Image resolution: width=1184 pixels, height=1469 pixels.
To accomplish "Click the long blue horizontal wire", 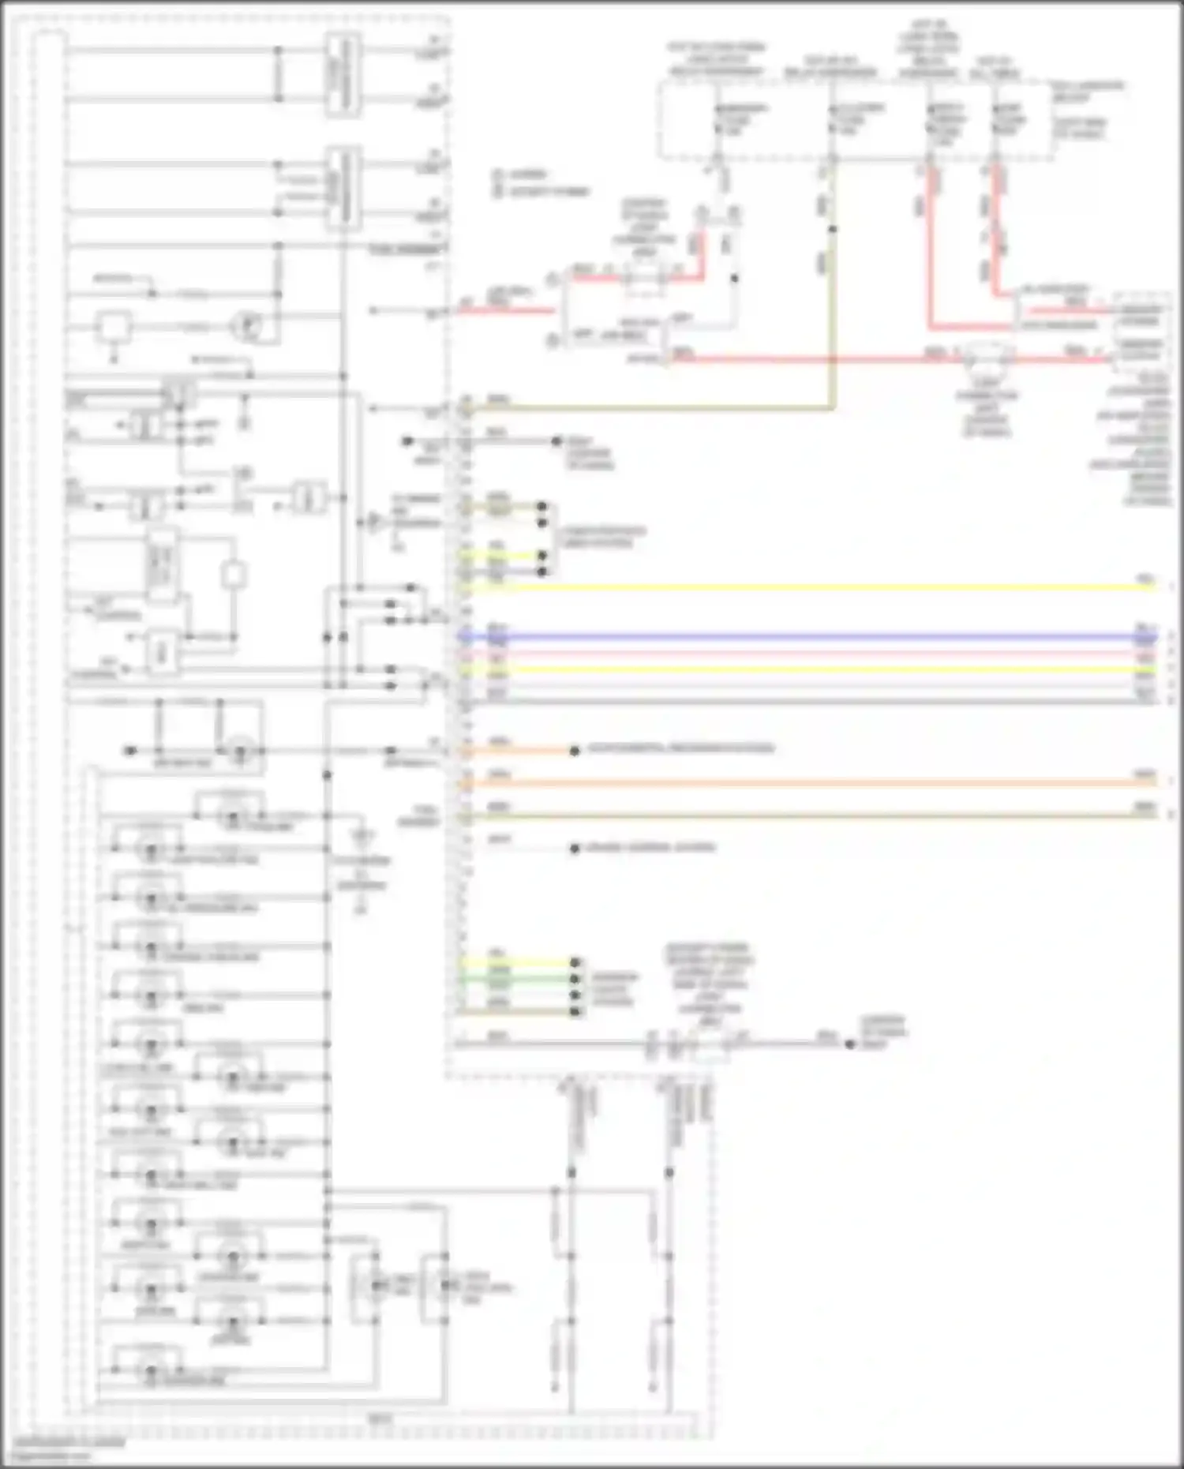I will tap(789, 636).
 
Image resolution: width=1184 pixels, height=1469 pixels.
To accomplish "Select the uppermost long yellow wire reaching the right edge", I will tap(789, 587).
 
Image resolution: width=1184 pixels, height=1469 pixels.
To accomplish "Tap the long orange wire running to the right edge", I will tap(789, 782).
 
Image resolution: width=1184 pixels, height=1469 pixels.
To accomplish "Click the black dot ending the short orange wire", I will tap(575, 751).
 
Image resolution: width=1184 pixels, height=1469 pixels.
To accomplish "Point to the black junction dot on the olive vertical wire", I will tap(832, 230).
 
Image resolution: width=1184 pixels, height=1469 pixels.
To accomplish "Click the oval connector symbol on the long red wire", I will tap(987, 357).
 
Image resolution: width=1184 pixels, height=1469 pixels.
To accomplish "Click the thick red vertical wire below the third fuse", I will tap(930, 253).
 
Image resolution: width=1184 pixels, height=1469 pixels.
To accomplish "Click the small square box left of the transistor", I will tap(114, 326).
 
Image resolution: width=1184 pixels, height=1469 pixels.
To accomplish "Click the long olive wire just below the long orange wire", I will tap(789, 815).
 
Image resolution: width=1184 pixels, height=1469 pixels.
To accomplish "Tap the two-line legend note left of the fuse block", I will tap(541, 182).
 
